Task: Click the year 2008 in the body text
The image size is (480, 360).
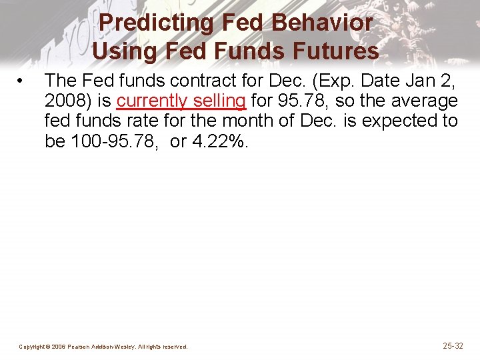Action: coord(65,101)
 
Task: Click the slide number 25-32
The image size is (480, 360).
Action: coord(453,345)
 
